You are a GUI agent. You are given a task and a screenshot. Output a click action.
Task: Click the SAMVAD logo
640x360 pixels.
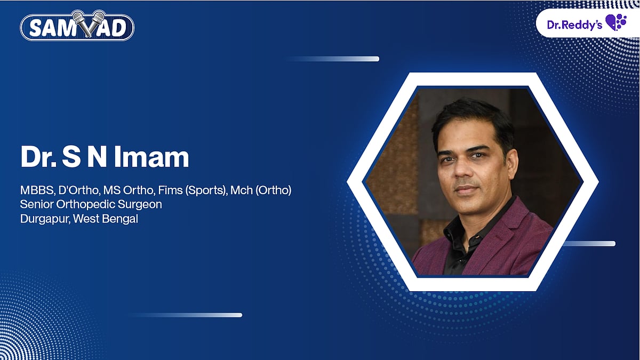click(x=77, y=26)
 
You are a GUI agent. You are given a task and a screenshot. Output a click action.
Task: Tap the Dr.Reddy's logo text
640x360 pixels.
click(x=574, y=25)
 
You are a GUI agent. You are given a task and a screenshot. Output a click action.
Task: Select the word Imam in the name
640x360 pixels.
click(x=151, y=157)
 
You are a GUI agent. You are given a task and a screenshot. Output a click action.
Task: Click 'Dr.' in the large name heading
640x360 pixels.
click(x=38, y=157)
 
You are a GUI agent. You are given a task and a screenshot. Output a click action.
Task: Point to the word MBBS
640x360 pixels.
click(x=37, y=190)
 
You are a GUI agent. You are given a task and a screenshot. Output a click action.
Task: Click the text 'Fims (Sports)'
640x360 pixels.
click(x=192, y=190)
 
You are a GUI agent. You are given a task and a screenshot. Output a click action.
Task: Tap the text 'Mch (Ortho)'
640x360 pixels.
click(x=261, y=190)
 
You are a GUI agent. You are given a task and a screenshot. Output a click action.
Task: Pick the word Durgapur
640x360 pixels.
click(x=45, y=219)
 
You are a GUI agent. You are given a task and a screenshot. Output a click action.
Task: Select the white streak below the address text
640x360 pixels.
click(x=185, y=315)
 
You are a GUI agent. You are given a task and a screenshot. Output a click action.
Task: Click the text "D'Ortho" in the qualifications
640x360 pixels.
click(x=79, y=190)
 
